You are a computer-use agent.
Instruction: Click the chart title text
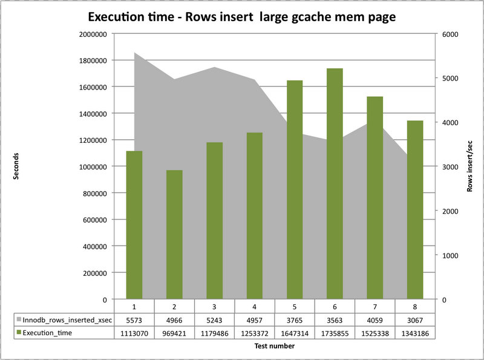[x=242, y=17]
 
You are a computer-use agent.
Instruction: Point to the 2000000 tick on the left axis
[x=93, y=34]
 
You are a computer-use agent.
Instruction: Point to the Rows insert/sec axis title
[x=469, y=166]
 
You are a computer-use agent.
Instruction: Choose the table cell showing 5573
[x=135, y=319]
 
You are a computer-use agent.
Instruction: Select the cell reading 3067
[x=414, y=319]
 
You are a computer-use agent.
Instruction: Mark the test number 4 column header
[x=255, y=306]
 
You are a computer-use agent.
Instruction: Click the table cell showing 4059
[x=374, y=319]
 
